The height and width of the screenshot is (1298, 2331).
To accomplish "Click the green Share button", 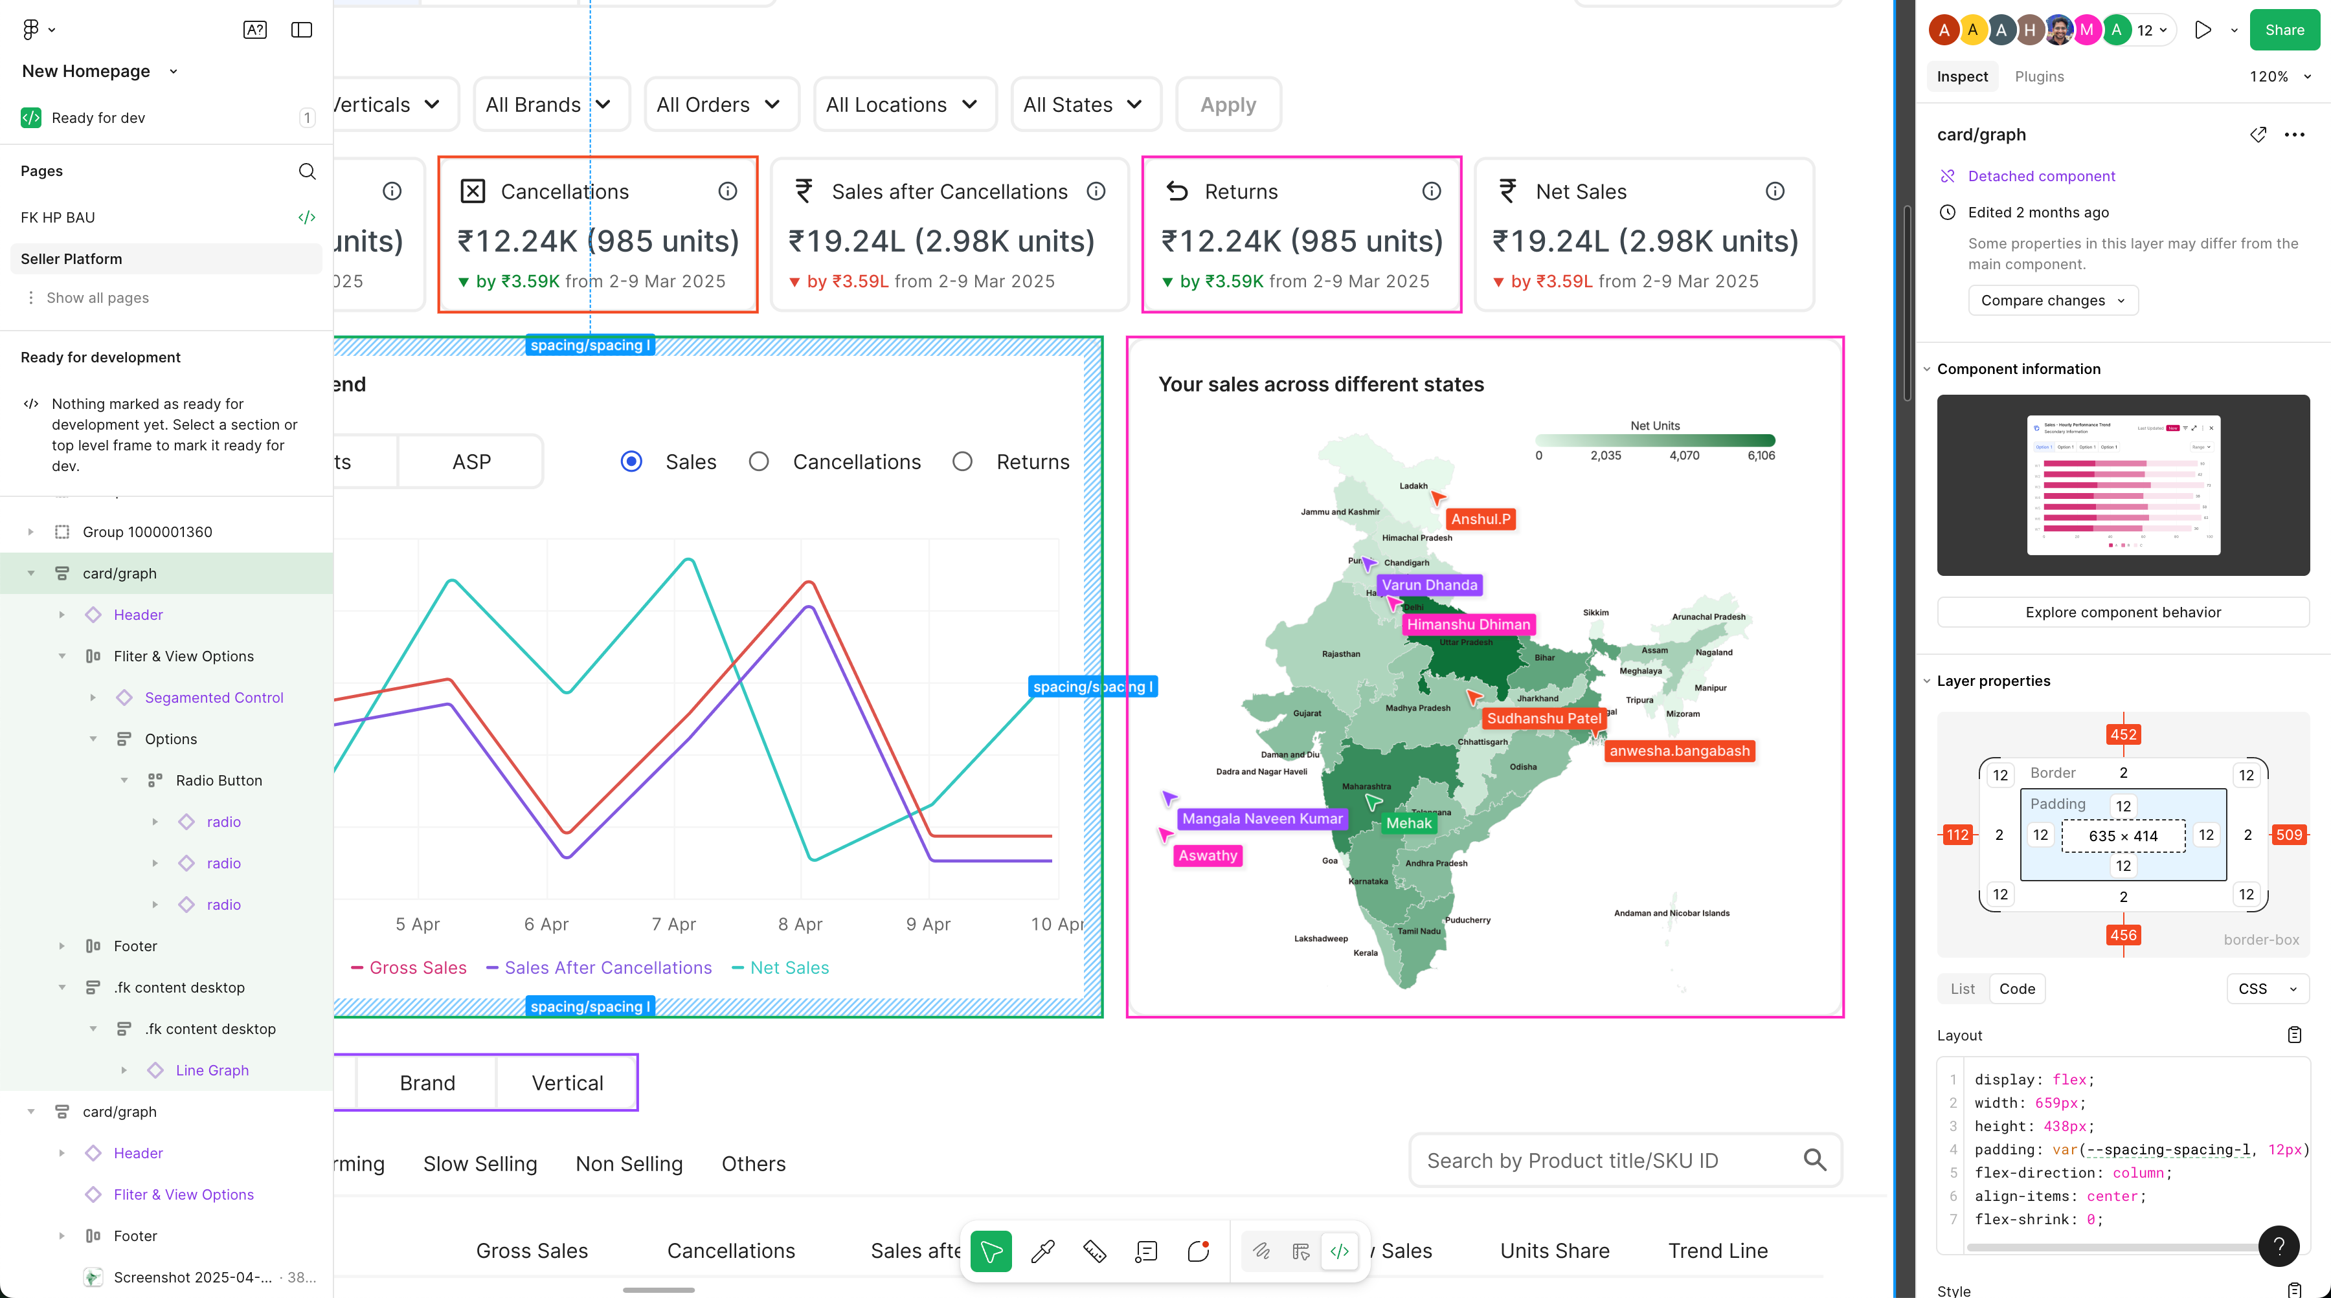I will tap(2284, 30).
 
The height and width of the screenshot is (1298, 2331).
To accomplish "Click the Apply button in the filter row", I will tap(1228, 105).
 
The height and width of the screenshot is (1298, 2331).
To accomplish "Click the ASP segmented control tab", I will tap(471, 462).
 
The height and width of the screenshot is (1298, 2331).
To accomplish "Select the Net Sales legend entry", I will tap(788, 968).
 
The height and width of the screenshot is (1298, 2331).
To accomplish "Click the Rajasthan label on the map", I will tap(1340, 654).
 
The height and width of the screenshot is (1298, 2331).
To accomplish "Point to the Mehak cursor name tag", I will tap(1409, 823).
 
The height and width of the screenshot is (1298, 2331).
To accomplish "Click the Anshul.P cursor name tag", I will tap(1480, 519).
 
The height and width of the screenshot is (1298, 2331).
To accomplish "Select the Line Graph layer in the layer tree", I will tap(212, 1070).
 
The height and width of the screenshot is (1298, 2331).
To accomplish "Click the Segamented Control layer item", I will tap(214, 698).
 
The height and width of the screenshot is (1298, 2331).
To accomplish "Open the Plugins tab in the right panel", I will tap(2039, 77).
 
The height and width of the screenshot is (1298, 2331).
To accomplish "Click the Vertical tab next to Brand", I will tap(567, 1083).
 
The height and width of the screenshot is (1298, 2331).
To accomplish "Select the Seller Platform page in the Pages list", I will tap(71, 259).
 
